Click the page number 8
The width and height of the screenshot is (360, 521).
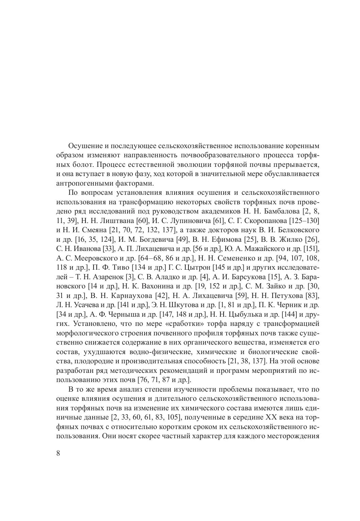pyautogui.click(x=58, y=454)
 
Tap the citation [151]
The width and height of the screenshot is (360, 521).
pyautogui.click(x=311, y=247)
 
